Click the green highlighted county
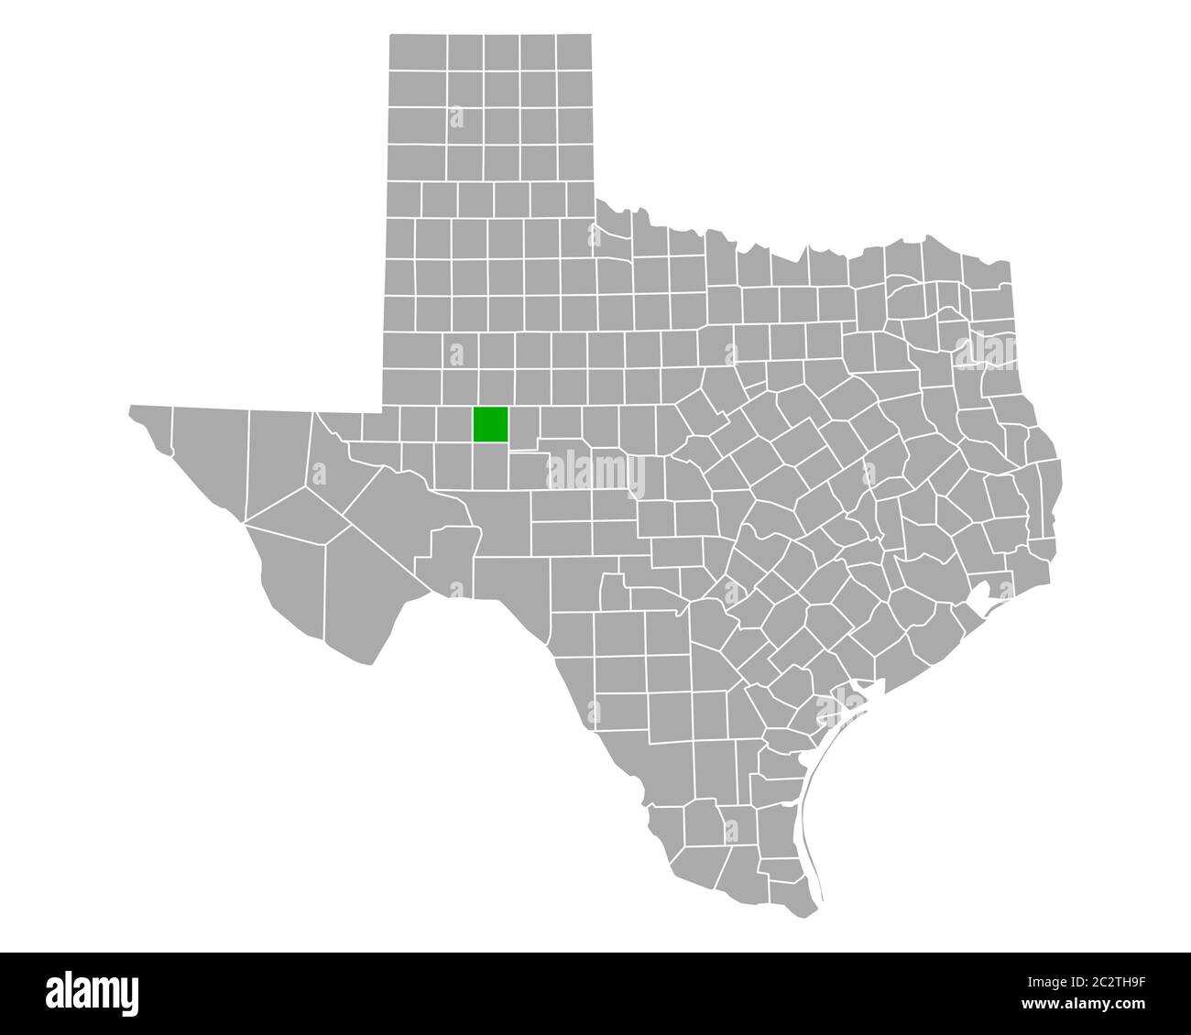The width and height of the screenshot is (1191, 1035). pyautogui.click(x=490, y=424)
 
